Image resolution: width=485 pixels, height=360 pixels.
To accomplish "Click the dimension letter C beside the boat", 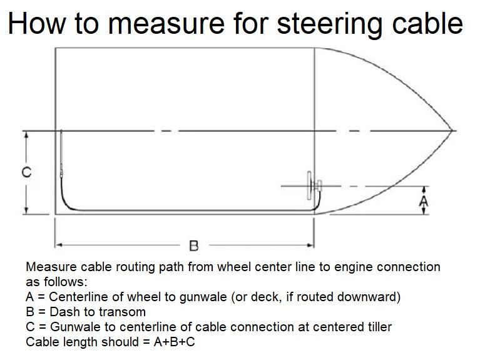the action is point(27,172).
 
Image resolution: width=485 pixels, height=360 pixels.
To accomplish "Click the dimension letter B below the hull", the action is point(193,246).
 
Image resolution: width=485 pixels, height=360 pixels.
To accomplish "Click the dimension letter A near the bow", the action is point(424,202).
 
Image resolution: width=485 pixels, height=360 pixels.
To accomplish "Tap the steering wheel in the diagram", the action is point(309,186).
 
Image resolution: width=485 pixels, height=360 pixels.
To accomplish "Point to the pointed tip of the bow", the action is point(452,130).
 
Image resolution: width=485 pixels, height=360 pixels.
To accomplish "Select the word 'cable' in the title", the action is point(428,23).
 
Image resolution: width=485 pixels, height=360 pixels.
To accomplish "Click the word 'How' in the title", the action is point(37,23).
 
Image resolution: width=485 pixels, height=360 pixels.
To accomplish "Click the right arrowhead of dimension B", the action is point(310,245).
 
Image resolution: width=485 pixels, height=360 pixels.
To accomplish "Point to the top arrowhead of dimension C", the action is point(26,135).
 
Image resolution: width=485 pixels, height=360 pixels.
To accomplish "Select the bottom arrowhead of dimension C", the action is point(26,210).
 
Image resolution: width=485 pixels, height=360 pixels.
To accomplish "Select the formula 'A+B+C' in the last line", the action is point(174,342).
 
